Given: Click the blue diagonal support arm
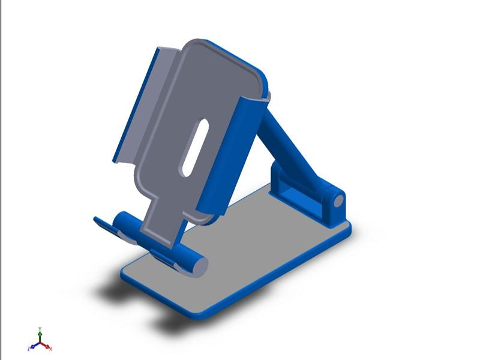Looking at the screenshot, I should click(289, 146).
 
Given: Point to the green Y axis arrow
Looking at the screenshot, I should click(40, 334).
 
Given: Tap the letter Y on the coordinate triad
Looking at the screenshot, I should click(40, 328).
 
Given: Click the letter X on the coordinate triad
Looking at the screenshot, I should click(51, 349).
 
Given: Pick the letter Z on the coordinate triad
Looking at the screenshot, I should click(28, 349).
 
